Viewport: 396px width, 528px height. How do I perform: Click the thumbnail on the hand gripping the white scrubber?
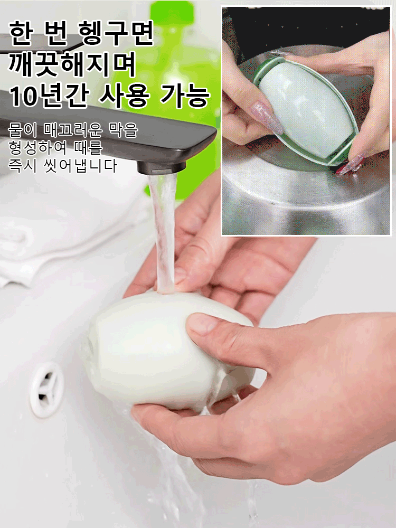(201, 323)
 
